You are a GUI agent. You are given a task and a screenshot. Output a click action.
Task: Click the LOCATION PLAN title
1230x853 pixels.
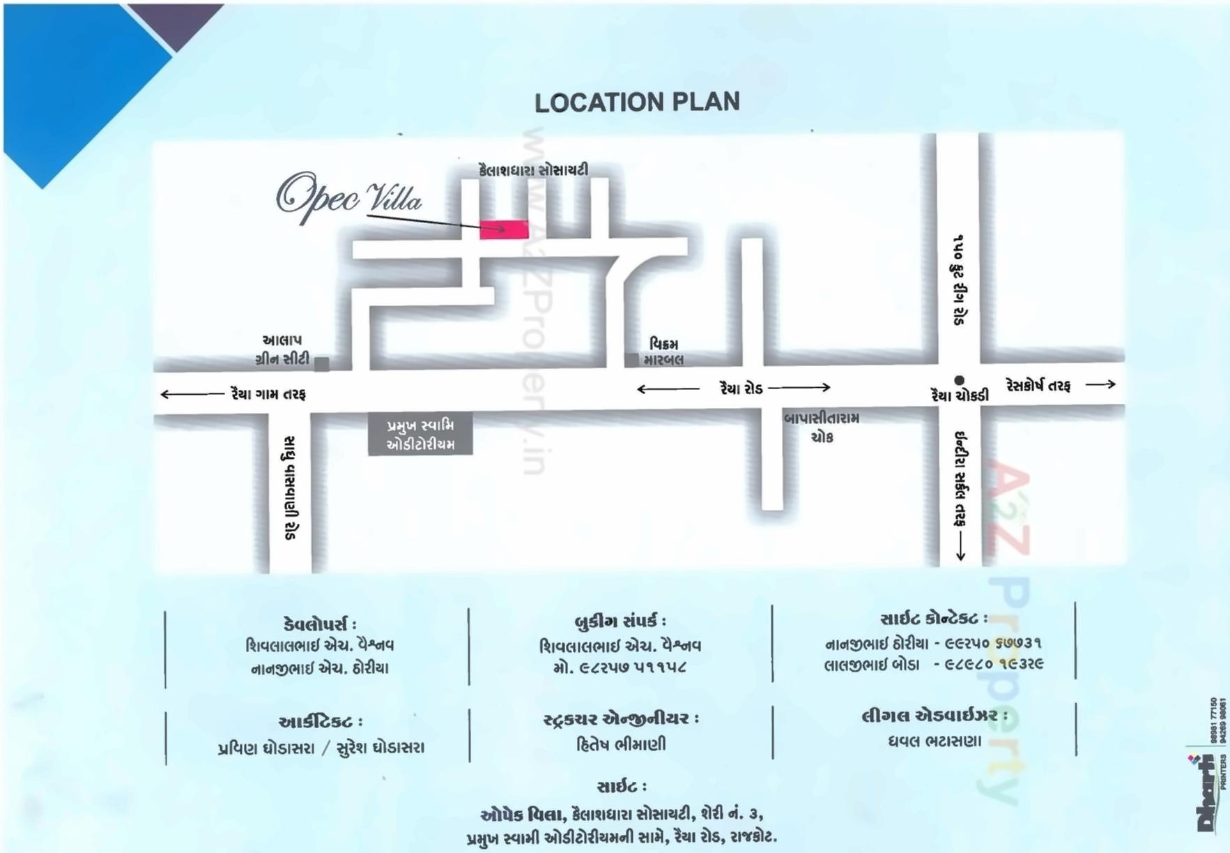click(x=637, y=103)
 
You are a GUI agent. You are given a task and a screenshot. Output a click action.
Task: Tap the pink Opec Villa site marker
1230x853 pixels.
click(x=504, y=229)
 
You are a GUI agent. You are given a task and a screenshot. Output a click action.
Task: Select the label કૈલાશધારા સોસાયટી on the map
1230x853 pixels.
click(x=533, y=169)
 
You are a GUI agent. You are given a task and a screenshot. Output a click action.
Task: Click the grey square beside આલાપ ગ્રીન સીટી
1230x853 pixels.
click(x=321, y=363)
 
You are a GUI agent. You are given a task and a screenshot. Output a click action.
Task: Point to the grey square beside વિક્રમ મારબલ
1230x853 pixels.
click(x=631, y=360)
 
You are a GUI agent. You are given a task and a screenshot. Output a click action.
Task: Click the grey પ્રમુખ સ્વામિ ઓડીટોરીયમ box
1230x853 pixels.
click(x=420, y=435)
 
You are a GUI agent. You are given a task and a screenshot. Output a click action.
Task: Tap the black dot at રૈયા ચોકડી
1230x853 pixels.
click(x=959, y=380)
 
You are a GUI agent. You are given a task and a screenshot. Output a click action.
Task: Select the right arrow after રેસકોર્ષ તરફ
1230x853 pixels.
click(x=1100, y=384)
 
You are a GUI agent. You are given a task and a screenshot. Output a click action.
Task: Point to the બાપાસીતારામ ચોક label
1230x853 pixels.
click(x=822, y=427)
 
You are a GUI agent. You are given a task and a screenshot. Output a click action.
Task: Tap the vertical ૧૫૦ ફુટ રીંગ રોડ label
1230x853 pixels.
click(x=960, y=280)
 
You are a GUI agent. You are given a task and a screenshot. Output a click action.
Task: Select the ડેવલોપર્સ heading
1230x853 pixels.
click(x=320, y=624)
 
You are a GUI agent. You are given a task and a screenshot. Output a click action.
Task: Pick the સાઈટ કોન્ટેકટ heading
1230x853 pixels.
click(x=934, y=619)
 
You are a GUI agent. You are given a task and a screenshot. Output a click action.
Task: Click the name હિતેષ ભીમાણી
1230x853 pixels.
click(x=621, y=744)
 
